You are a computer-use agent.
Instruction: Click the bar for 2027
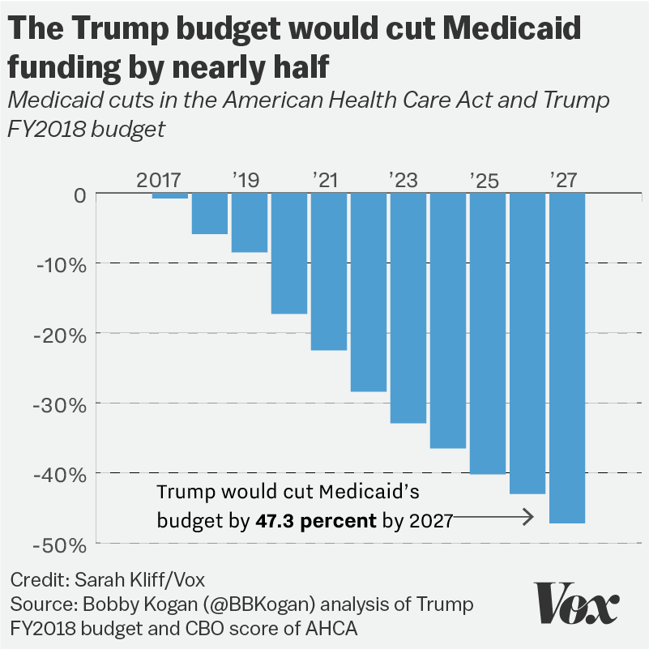point(566,357)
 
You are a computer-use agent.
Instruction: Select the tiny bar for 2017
point(169,196)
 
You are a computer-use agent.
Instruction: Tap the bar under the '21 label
point(328,271)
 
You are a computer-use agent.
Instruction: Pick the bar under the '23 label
point(408,308)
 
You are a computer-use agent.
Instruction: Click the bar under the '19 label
point(249,223)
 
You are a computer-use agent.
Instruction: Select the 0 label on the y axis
point(79,194)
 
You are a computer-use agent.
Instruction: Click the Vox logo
point(578,604)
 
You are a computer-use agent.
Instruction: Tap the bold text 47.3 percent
point(316,520)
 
